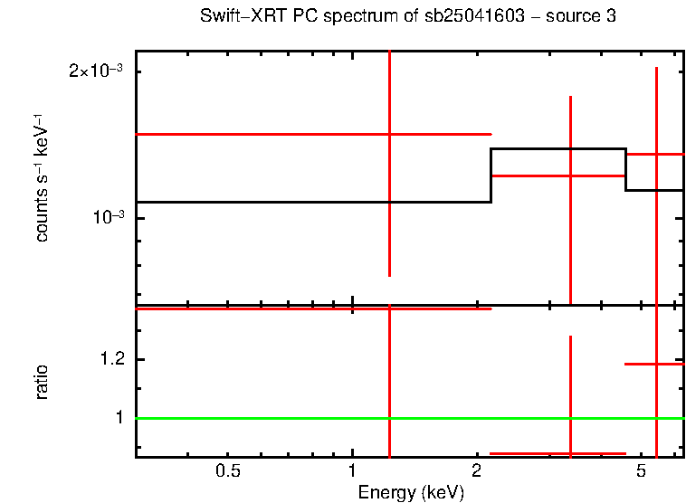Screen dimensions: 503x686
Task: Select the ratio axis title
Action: pos(42,382)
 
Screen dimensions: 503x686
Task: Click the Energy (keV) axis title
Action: pos(411,492)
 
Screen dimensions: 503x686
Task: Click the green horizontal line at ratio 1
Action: pos(272,418)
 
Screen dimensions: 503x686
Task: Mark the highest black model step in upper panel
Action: pos(557,149)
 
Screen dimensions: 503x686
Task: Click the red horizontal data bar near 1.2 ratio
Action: pos(653,364)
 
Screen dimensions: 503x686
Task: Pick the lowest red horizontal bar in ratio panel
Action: pos(557,453)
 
